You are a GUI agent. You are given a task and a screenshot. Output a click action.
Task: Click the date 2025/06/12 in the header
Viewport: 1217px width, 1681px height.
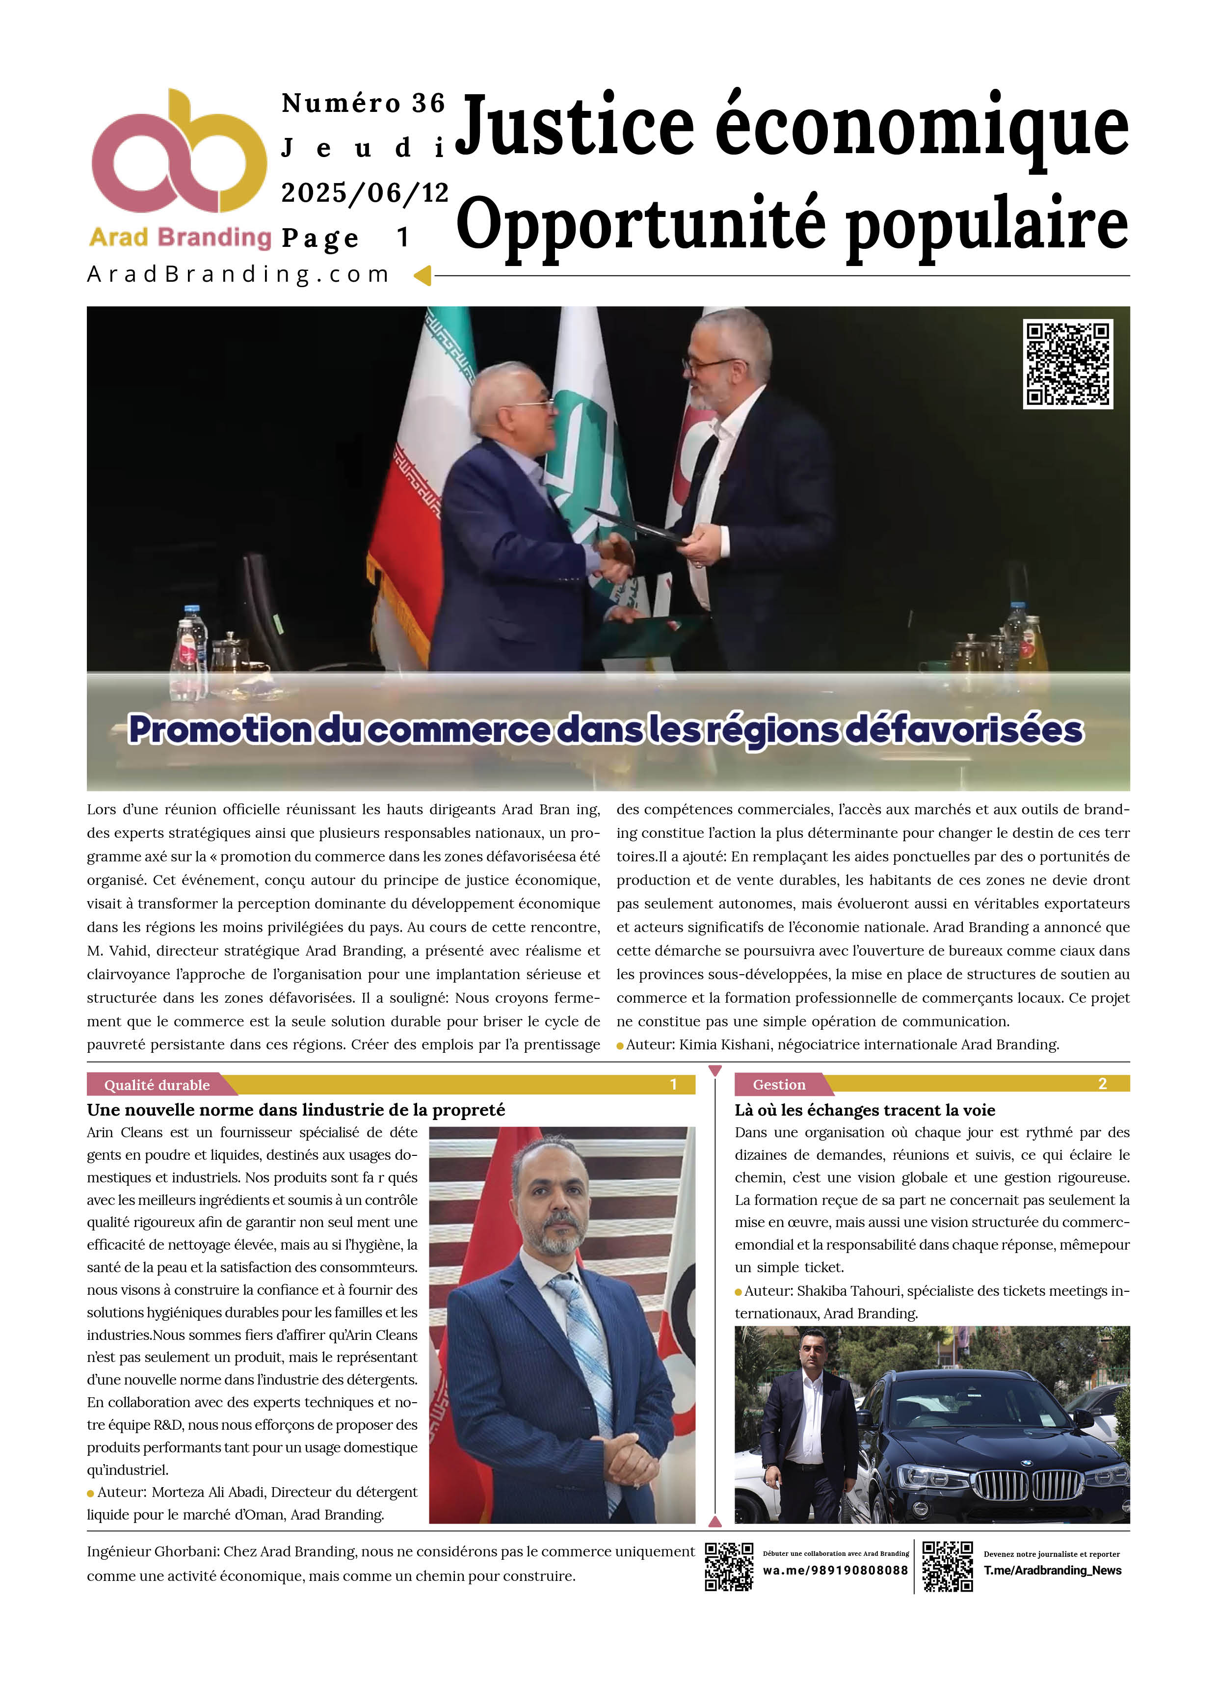(x=365, y=193)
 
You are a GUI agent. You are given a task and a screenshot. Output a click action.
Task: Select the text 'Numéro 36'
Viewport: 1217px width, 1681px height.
(x=363, y=104)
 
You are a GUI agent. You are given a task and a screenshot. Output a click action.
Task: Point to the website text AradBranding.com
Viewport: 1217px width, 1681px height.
(x=238, y=274)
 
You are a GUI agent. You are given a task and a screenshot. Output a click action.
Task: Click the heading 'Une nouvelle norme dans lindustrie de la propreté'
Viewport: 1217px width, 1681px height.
(x=296, y=1110)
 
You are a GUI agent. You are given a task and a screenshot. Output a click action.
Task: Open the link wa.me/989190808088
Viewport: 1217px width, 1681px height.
(x=835, y=1571)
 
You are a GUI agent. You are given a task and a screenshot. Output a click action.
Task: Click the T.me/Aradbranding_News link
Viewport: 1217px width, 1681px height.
(x=1053, y=1571)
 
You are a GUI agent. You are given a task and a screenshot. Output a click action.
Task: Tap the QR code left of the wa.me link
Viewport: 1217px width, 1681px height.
(x=729, y=1566)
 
